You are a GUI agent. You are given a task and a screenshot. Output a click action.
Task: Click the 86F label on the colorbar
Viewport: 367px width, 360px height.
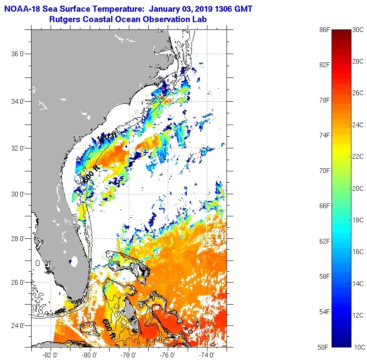pos(324,30)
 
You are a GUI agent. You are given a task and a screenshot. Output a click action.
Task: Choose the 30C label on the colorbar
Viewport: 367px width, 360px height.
pos(358,30)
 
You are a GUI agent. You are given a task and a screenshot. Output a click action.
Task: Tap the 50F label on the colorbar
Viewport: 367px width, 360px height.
pos(324,347)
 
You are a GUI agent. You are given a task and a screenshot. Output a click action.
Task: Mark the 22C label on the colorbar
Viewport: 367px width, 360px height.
pos(358,157)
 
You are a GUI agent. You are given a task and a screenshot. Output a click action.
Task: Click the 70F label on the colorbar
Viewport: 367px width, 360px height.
pos(324,171)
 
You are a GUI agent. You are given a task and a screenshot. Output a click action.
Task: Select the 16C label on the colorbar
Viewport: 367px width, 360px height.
pos(358,252)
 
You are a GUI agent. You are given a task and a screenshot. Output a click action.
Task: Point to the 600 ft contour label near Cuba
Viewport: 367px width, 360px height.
pos(109,328)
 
